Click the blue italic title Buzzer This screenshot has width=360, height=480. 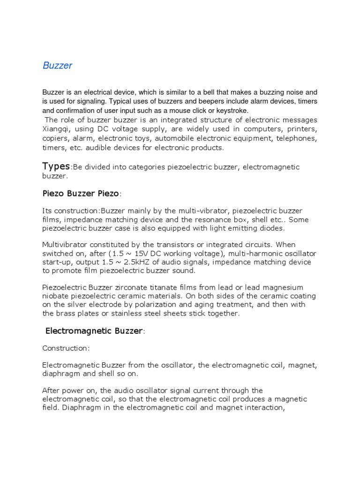57,66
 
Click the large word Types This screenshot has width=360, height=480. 56,166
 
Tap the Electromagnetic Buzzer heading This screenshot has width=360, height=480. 93,331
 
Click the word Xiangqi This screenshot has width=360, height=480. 58,128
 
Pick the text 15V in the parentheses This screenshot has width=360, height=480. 122,254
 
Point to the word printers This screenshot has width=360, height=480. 301,128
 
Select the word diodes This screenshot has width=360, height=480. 271,228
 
